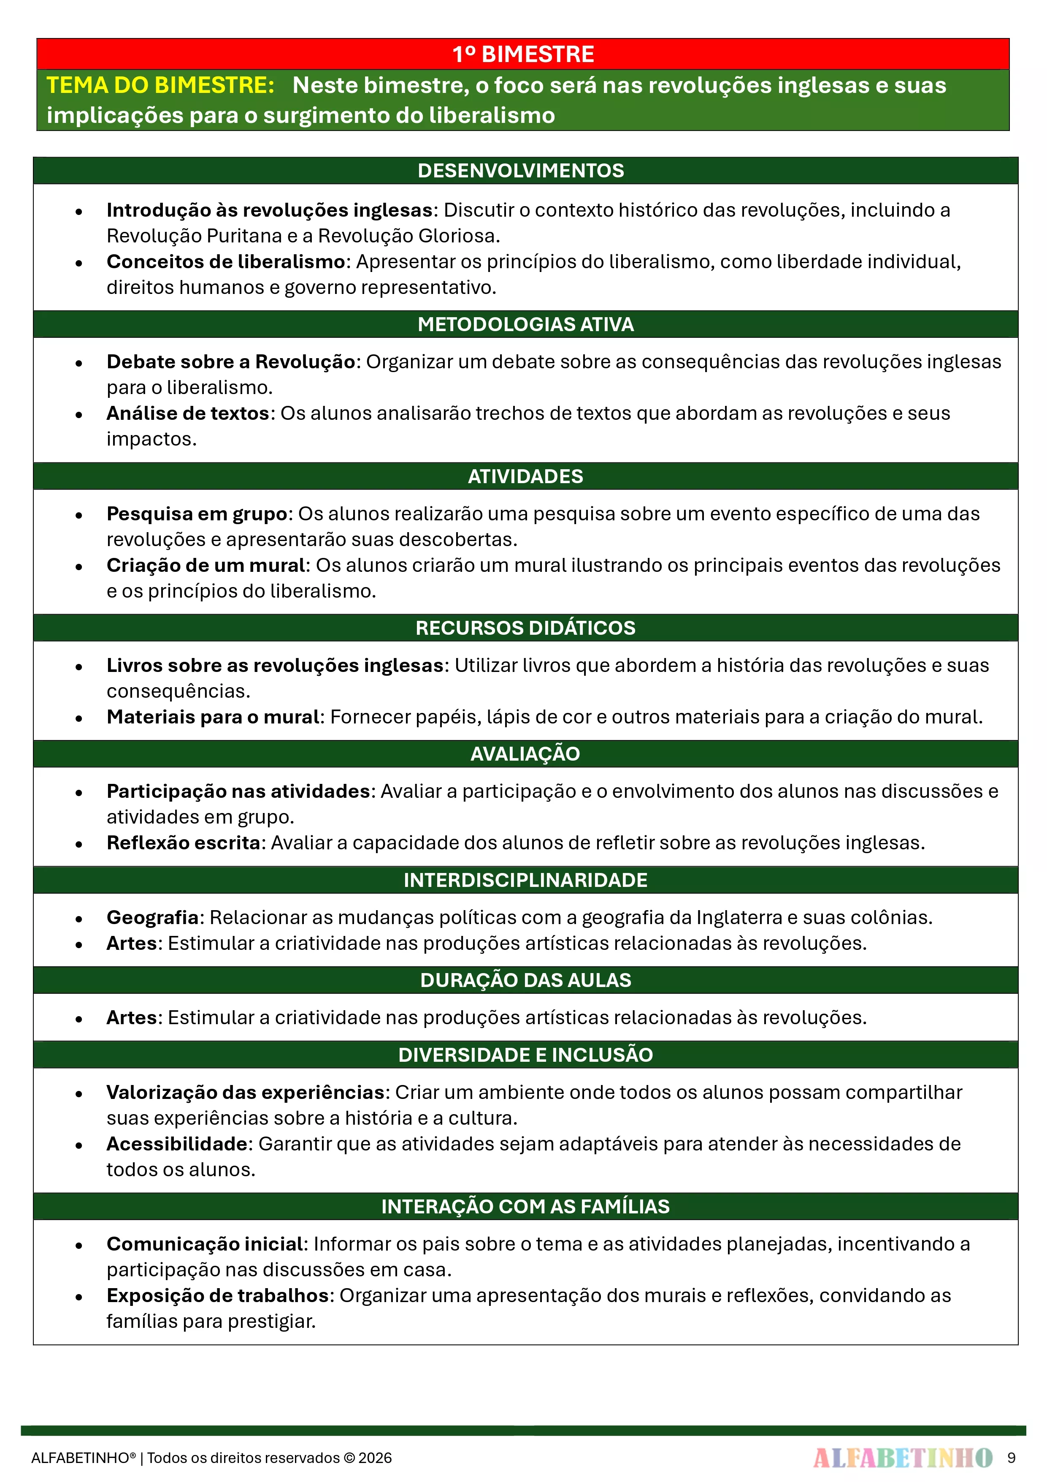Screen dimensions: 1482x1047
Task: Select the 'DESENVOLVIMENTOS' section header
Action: click(521, 170)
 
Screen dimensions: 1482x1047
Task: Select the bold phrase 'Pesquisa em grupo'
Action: click(197, 514)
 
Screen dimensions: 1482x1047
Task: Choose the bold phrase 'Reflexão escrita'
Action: click(183, 843)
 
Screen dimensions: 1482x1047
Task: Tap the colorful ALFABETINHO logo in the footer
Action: click(903, 1458)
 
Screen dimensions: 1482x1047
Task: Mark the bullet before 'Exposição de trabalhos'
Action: click(78, 1297)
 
